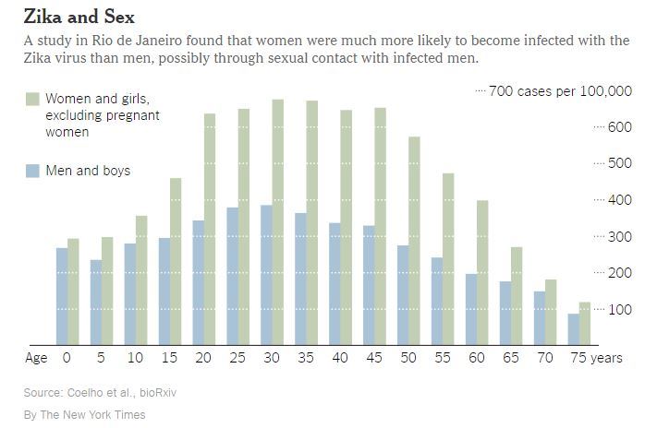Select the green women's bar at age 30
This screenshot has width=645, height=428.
[277, 221]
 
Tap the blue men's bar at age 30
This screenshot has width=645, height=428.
[266, 274]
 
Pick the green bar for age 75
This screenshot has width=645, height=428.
[584, 323]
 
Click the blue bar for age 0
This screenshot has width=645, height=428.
[62, 295]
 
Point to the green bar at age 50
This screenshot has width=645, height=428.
[414, 240]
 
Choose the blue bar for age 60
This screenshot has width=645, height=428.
[471, 308]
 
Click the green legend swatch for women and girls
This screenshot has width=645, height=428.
[32, 99]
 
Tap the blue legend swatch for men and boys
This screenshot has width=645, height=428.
[32, 171]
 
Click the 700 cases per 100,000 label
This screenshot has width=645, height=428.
[559, 90]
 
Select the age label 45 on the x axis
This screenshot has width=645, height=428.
[373, 358]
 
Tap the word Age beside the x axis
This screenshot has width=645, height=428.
[36, 358]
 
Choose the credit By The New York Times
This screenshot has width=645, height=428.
[85, 415]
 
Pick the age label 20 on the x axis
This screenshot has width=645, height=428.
[203, 358]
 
